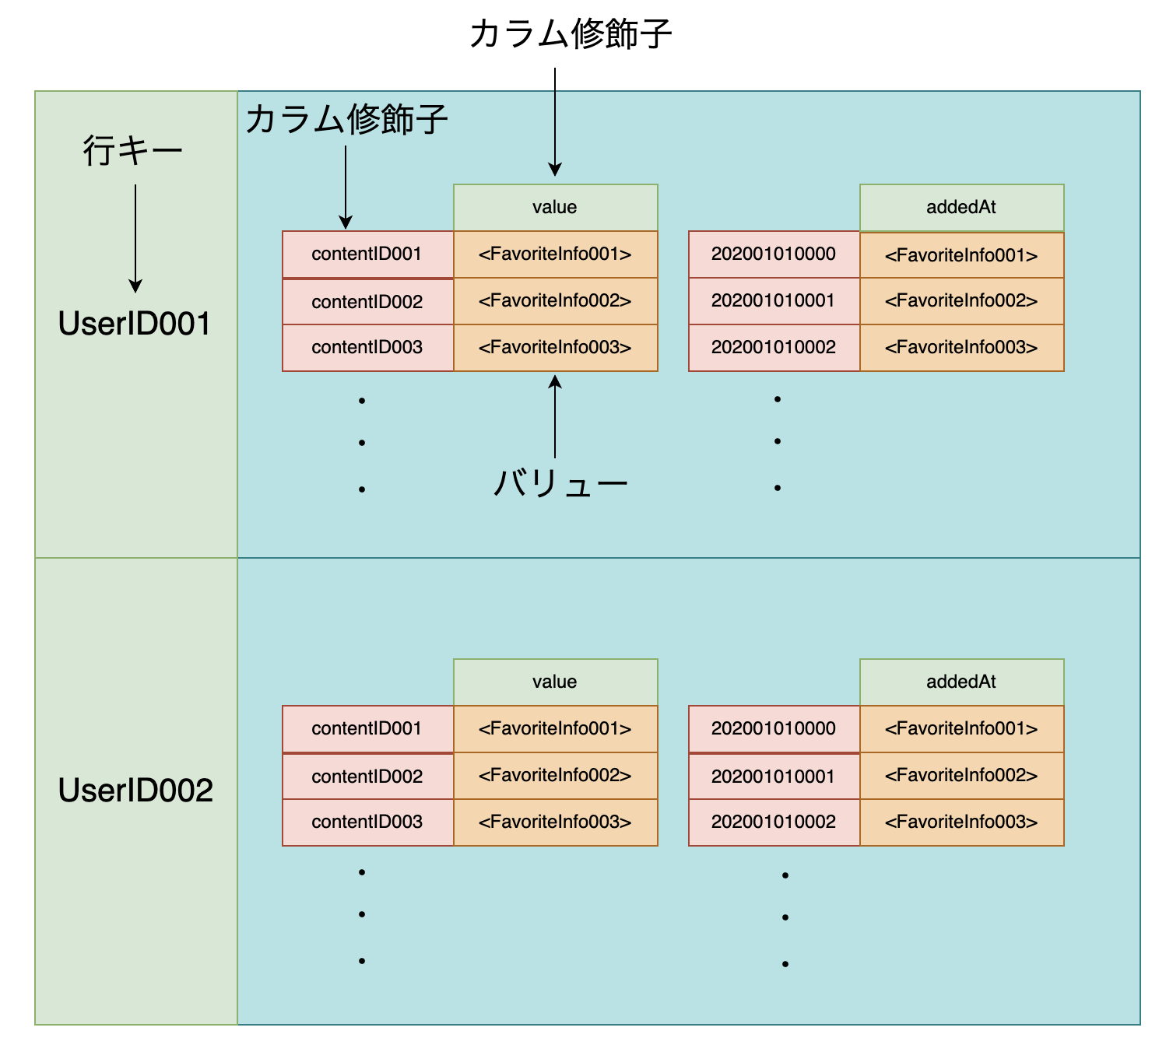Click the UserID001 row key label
[x=135, y=324]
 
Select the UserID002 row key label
[x=135, y=791]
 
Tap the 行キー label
[x=133, y=149]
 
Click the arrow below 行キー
[x=135, y=237]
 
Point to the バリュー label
[x=560, y=484]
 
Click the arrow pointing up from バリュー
[x=555, y=416]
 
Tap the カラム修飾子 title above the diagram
[x=571, y=34]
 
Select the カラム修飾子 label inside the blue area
[x=346, y=120]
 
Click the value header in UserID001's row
[x=555, y=207]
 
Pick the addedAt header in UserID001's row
[x=961, y=207]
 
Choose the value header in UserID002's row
[x=555, y=682]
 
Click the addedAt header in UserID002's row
[x=961, y=682]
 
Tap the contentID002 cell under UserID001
[x=367, y=302]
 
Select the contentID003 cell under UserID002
[x=367, y=822]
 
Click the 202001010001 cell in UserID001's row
[x=774, y=300]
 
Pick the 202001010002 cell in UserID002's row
[x=774, y=822]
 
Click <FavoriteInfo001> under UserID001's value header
[x=555, y=254]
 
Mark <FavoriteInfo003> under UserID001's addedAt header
[x=961, y=347]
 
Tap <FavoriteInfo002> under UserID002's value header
[x=555, y=775]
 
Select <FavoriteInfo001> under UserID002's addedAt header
[x=961, y=728]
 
